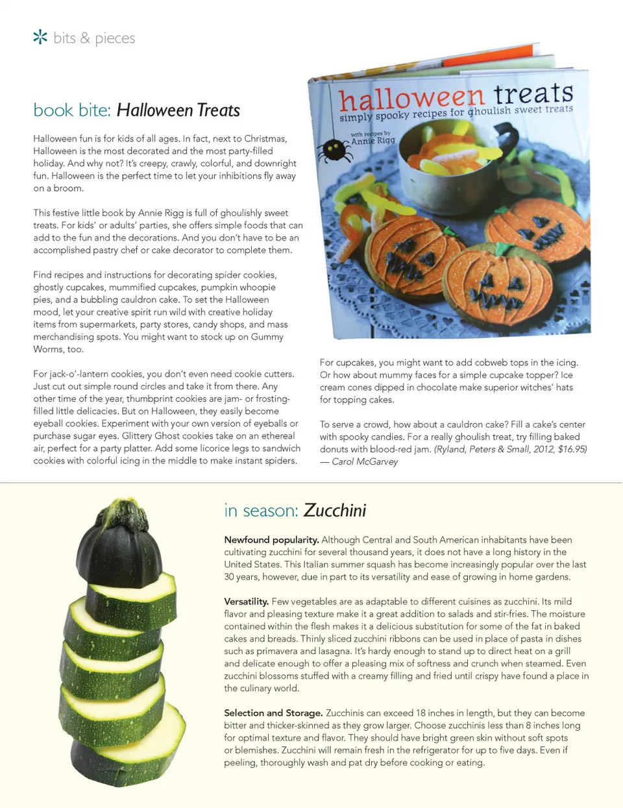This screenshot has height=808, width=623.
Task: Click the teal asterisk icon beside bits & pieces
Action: [x=40, y=37]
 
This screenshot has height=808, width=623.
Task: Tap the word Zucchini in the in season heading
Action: [x=334, y=511]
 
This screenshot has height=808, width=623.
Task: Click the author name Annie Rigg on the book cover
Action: [x=373, y=140]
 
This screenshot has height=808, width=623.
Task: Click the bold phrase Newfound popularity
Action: [x=271, y=540]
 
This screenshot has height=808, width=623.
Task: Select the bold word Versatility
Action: [x=246, y=602]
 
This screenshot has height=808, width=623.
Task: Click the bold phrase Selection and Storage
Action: [x=273, y=713]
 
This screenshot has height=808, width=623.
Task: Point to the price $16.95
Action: [x=572, y=449]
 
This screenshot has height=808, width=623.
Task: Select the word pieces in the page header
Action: [x=115, y=38]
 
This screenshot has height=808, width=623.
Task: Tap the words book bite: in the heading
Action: [x=72, y=110]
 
